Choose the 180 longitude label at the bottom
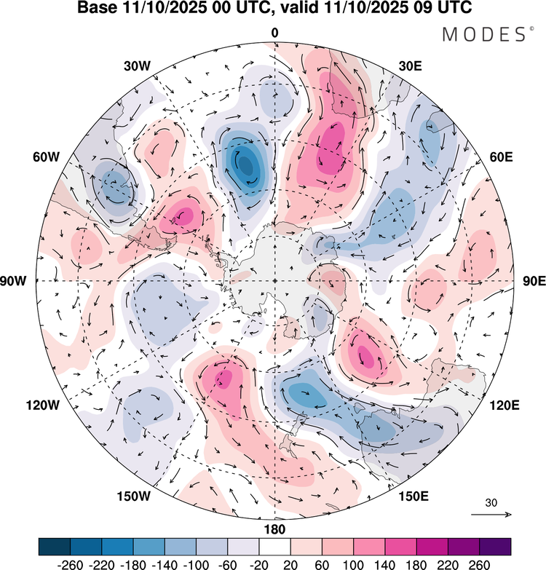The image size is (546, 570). click(x=274, y=529)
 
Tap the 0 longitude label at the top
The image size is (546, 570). click(x=274, y=33)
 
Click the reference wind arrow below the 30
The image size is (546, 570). click(x=491, y=515)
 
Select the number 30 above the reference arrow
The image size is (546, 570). click(x=491, y=502)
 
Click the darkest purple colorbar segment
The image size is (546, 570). click(x=495, y=546)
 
